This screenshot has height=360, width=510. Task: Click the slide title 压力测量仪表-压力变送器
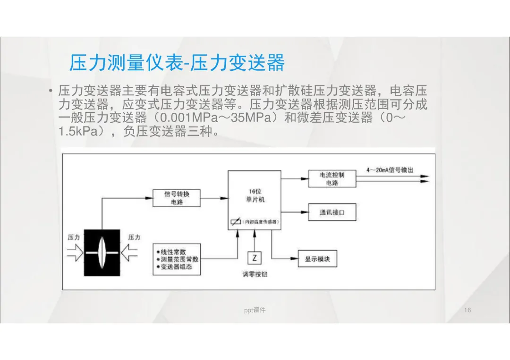(x=177, y=63)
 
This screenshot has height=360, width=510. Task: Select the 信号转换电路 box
(x=177, y=198)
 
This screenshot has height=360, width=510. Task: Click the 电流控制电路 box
(x=331, y=179)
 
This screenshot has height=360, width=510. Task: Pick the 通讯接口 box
(x=331, y=212)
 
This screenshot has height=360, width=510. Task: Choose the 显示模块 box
(x=317, y=259)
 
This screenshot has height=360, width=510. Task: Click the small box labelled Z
(x=255, y=258)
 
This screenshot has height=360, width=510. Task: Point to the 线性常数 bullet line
(x=172, y=251)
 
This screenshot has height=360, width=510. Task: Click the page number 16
(x=467, y=310)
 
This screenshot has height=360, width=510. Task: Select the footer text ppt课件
(x=255, y=310)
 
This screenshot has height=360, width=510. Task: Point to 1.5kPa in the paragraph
(x=76, y=131)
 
